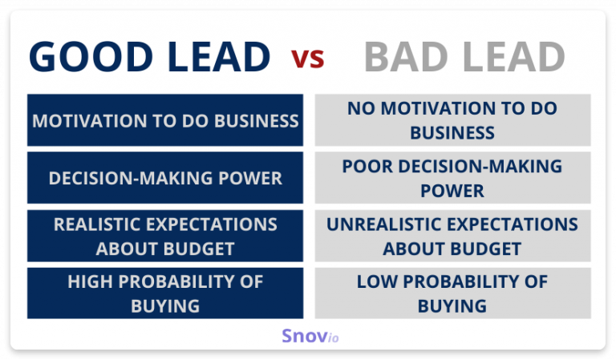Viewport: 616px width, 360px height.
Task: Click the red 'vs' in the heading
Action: click(x=308, y=59)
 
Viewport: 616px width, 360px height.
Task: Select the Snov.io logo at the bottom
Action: click(x=310, y=336)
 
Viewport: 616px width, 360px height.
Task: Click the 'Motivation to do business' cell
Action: click(x=165, y=120)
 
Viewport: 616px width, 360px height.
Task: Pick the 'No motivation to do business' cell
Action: click(x=452, y=120)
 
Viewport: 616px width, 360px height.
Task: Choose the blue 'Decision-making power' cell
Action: click(x=165, y=178)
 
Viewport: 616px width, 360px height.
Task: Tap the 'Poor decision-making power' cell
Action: click(x=452, y=178)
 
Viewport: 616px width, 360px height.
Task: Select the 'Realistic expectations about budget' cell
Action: click(x=165, y=236)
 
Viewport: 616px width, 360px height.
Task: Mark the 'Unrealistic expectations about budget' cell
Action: click(x=452, y=236)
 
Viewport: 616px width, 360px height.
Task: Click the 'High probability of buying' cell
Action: click(x=165, y=293)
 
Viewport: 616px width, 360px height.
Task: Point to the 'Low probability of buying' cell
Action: click(x=452, y=293)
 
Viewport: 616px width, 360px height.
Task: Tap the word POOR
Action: click(x=366, y=167)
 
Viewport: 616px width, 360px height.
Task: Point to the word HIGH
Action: click(x=91, y=282)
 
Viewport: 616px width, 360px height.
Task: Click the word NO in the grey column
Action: click(x=359, y=109)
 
